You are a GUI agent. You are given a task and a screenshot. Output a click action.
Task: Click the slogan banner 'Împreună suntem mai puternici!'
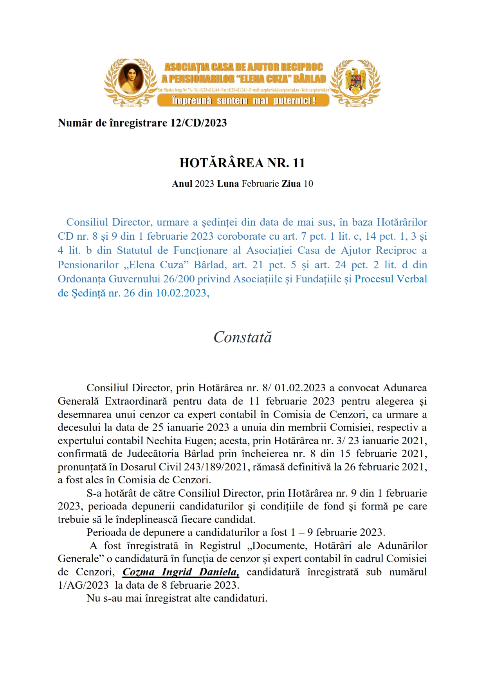[x=243, y=101]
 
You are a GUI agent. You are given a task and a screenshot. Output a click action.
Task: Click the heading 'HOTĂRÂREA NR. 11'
[x=242, y=163]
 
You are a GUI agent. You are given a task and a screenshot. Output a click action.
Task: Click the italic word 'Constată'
[x=242, y=337]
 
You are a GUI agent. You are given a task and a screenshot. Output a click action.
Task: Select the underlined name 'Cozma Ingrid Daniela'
[x=180, y=572]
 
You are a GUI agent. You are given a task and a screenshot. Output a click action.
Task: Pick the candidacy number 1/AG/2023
[x=83, y=585]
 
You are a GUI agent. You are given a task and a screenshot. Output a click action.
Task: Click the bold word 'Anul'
[x=182, y=184]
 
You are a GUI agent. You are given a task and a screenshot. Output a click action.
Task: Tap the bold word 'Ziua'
[x=291, y=184]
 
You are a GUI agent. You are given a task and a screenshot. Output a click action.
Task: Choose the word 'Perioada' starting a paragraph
[x=106, y=532]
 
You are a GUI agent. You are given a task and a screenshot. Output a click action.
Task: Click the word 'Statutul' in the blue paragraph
[x=134, y=250]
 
